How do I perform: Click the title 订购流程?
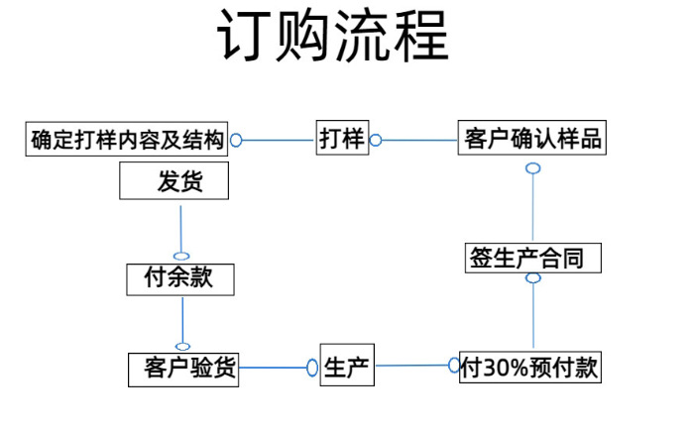332,39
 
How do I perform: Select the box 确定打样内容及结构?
126,140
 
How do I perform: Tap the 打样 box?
342,139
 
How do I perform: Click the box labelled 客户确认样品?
532,139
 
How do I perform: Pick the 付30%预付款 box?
530,368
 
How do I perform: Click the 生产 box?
347,369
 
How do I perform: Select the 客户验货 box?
183,370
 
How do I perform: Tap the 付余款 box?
182,279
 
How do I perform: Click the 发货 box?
174,182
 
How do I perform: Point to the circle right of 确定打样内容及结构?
236,141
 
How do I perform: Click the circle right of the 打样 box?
375,141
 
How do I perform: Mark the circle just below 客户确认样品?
532,167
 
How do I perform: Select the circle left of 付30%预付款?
454,366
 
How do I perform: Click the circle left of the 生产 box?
312,369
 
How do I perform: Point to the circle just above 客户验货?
182,346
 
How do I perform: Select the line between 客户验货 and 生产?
273,369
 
